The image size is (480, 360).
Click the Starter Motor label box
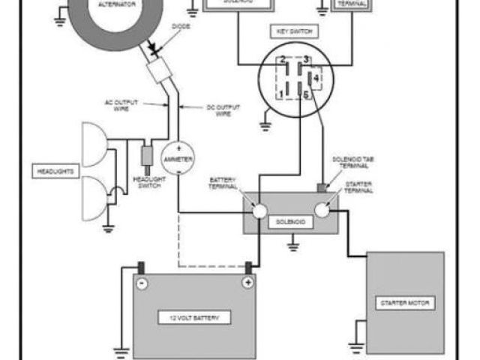click(405, 303)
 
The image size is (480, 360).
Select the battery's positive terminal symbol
click(246, 283)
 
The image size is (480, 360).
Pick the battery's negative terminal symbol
click(142, 283)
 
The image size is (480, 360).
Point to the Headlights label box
click(55, 172)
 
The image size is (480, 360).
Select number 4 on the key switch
click(316, 76)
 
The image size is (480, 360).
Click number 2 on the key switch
click(282, 59)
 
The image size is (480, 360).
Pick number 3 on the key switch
click(306, 59)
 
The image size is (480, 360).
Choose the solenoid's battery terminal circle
click(259, 212)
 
